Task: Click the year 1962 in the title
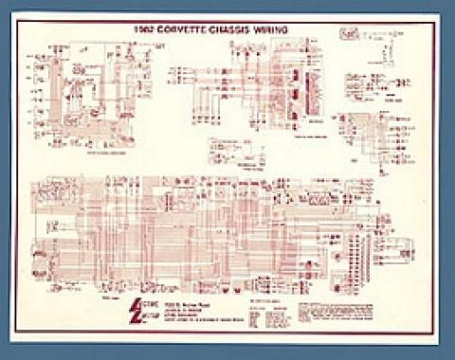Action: click(x=142, y=29)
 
